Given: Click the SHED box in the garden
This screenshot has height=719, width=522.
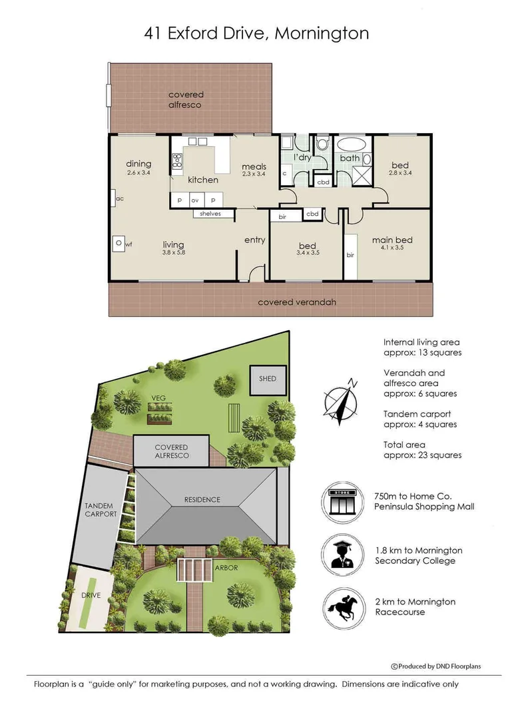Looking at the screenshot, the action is coord(268,380).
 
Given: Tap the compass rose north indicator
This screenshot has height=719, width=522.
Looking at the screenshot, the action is coord(341,402).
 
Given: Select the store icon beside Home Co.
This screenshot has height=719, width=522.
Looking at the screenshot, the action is coord(342,502).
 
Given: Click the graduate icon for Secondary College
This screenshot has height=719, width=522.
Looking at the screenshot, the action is coord(342,555).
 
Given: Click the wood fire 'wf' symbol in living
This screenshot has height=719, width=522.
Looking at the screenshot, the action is coord(119,244).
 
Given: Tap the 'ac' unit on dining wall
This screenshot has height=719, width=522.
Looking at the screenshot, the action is coord(113,198).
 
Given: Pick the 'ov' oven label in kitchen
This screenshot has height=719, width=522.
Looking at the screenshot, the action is coord(195,200).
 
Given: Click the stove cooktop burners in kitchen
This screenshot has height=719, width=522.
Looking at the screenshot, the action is coord(177,161).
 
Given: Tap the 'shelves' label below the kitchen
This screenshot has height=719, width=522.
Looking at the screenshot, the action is coord(210,214).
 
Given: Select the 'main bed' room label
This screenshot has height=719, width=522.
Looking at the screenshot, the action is coord(392,240).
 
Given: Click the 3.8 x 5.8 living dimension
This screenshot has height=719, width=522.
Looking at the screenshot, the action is coord(173,252).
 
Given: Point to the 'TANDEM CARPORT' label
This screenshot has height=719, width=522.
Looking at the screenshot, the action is coord(101,510).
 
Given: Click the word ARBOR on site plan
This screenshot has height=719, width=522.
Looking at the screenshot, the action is coord(226,568).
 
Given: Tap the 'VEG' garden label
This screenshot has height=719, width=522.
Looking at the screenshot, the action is coord(158,398).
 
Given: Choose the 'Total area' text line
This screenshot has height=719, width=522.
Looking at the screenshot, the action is coord(404,445).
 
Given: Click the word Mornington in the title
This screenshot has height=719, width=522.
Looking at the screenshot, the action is coord(322,33).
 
